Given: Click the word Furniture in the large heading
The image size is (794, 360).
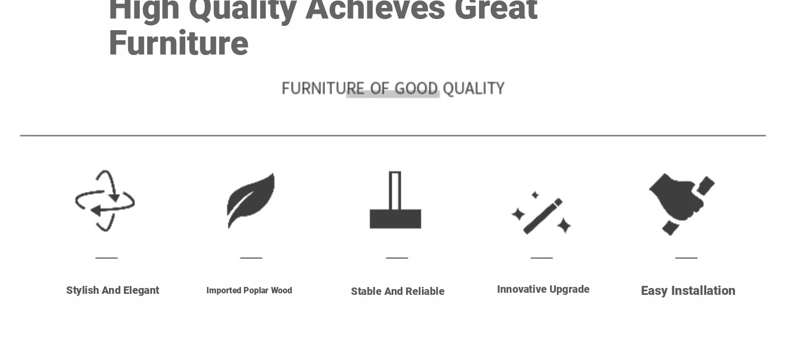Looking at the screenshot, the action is coord(179,43).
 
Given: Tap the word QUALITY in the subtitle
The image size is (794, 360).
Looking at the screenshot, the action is coord(474,88).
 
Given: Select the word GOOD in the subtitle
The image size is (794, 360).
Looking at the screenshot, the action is coord(416,88).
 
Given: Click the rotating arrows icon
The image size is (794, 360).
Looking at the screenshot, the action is coord(105,201).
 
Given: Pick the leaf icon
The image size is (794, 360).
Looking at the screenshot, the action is coord(251,201).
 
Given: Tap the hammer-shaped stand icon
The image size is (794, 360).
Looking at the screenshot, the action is coord(395,200).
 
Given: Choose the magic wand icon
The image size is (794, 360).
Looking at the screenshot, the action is coord(542,213).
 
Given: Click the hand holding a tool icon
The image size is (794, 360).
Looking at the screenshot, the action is coord(682,204).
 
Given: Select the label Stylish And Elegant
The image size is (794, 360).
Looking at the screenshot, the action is coord(113,291).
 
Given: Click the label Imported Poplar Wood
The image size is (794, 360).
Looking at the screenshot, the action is coord(249,291).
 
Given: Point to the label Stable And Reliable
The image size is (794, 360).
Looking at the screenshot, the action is coord(398,291).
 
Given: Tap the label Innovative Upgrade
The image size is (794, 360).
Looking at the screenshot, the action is coord(543,290).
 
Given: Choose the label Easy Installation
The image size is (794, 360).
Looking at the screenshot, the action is coord(688,291).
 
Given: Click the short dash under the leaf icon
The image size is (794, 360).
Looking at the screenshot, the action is coord(251,258).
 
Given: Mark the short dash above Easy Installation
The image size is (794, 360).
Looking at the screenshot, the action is coord(686,258).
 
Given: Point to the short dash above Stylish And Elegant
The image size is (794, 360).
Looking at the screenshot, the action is coord(106,258).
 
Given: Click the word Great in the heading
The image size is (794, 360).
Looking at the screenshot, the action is coord(496,9).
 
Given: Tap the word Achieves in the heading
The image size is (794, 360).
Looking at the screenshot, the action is coord(375,9).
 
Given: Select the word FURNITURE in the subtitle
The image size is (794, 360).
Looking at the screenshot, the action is coord(323,88).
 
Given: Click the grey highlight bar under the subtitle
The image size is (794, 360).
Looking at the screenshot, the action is coord(393,94).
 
